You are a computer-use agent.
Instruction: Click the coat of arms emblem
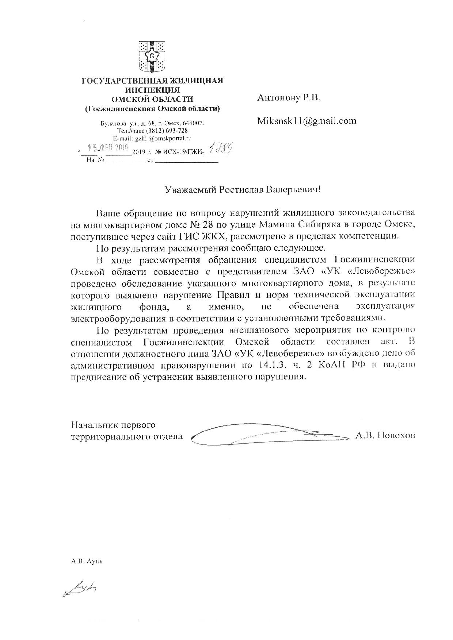pos(152,57)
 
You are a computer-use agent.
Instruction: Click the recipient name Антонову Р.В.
pos(289,97)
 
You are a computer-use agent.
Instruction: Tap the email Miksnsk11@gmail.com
pos(307,120)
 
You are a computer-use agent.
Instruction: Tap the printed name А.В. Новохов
pos(385,435)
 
